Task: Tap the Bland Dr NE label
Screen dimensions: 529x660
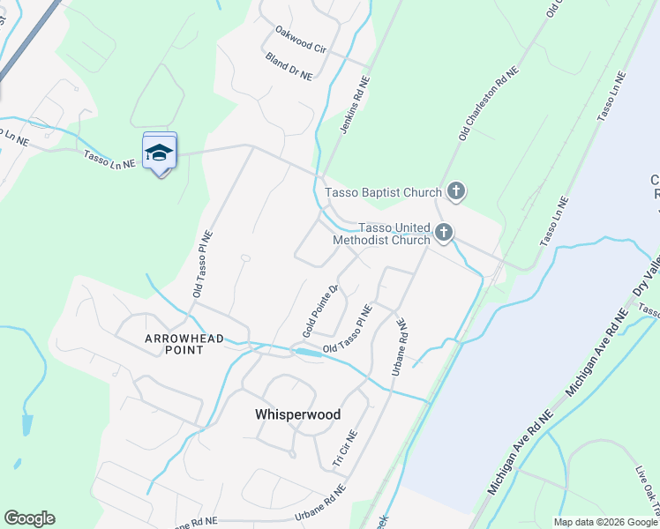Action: click(x=289, y=66)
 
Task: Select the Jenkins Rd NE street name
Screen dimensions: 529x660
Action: click(x=355, y=105)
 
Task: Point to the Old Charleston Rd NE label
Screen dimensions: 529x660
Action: click(x=486, y=107)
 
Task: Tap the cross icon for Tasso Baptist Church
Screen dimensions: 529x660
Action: click(x=455, y=190)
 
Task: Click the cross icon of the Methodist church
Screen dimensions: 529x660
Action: click(x=443, y=233)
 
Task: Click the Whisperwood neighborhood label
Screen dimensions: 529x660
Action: click(x=297, y=414)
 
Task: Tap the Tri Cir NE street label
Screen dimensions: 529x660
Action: click(x=344, y=449)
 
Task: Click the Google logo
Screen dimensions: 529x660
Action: click(x=29, y=518)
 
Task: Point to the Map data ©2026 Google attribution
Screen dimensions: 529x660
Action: click(x=604, y=522)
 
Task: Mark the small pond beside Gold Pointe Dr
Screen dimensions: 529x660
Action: click(x=308, y=352)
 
